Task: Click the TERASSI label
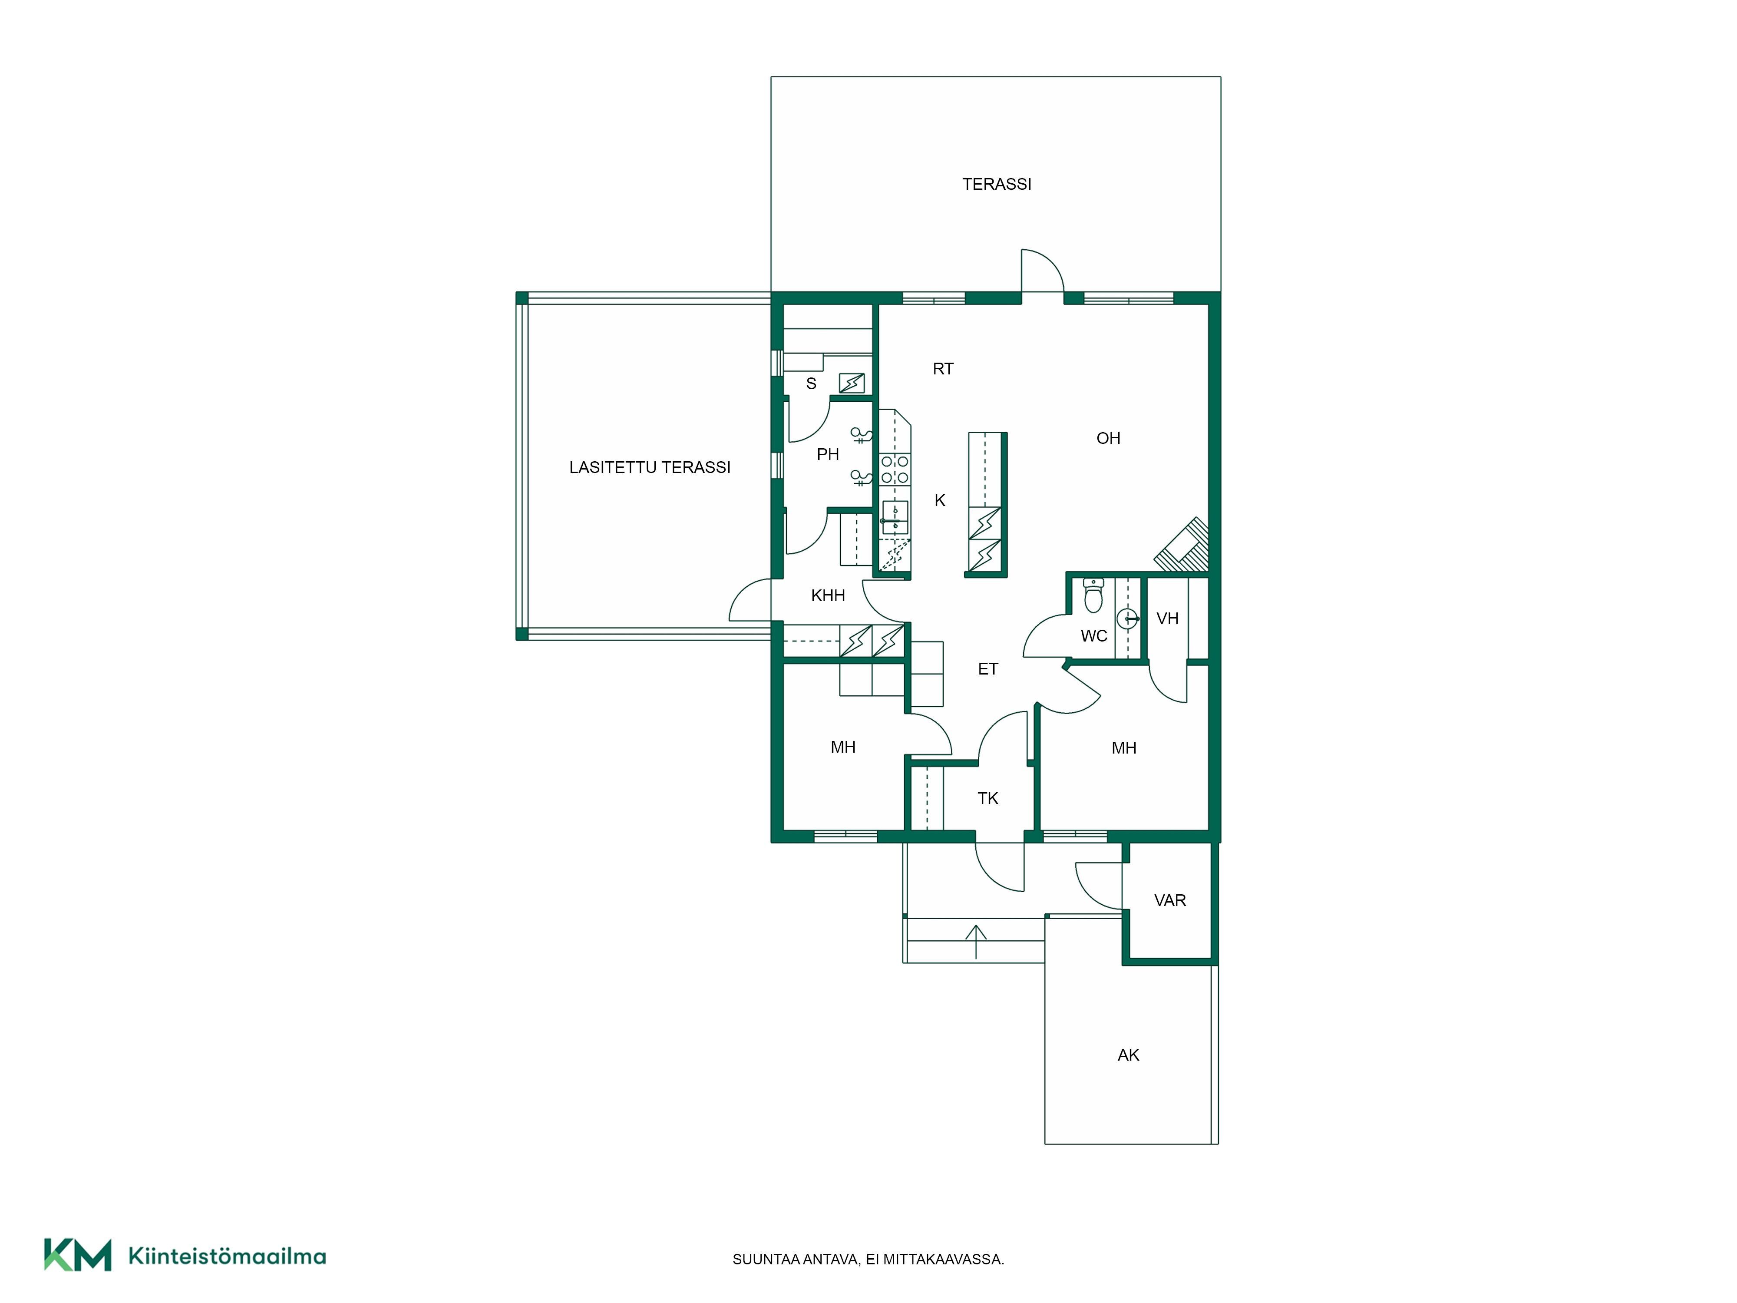997,184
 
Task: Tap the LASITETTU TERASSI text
649,467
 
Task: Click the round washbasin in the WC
1128,619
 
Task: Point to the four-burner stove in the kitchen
895,470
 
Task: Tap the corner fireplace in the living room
1182,544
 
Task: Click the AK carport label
1129,1055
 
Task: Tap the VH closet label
1168,619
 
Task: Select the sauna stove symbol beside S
852,383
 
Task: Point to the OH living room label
1108,438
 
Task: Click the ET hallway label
988,669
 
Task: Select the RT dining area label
943,368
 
